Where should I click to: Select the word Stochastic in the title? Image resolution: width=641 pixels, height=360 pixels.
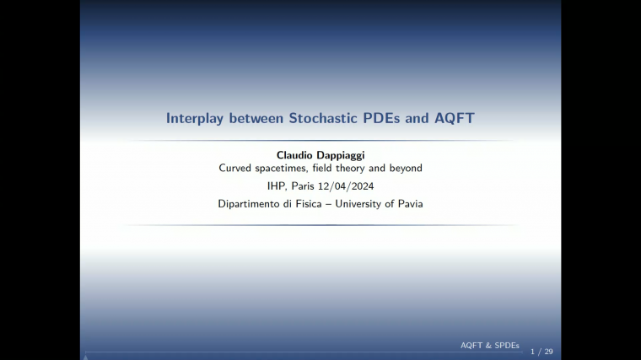coord(325,118)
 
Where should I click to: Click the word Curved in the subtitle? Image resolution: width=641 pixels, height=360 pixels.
coord(236,168)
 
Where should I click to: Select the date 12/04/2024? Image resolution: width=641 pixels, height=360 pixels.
coord(349,186)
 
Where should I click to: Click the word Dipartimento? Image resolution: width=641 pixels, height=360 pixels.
coord(250,204)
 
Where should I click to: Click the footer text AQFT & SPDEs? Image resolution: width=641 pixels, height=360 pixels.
coord(490,346)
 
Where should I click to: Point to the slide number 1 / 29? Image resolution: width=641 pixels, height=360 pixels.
coord(541,351)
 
